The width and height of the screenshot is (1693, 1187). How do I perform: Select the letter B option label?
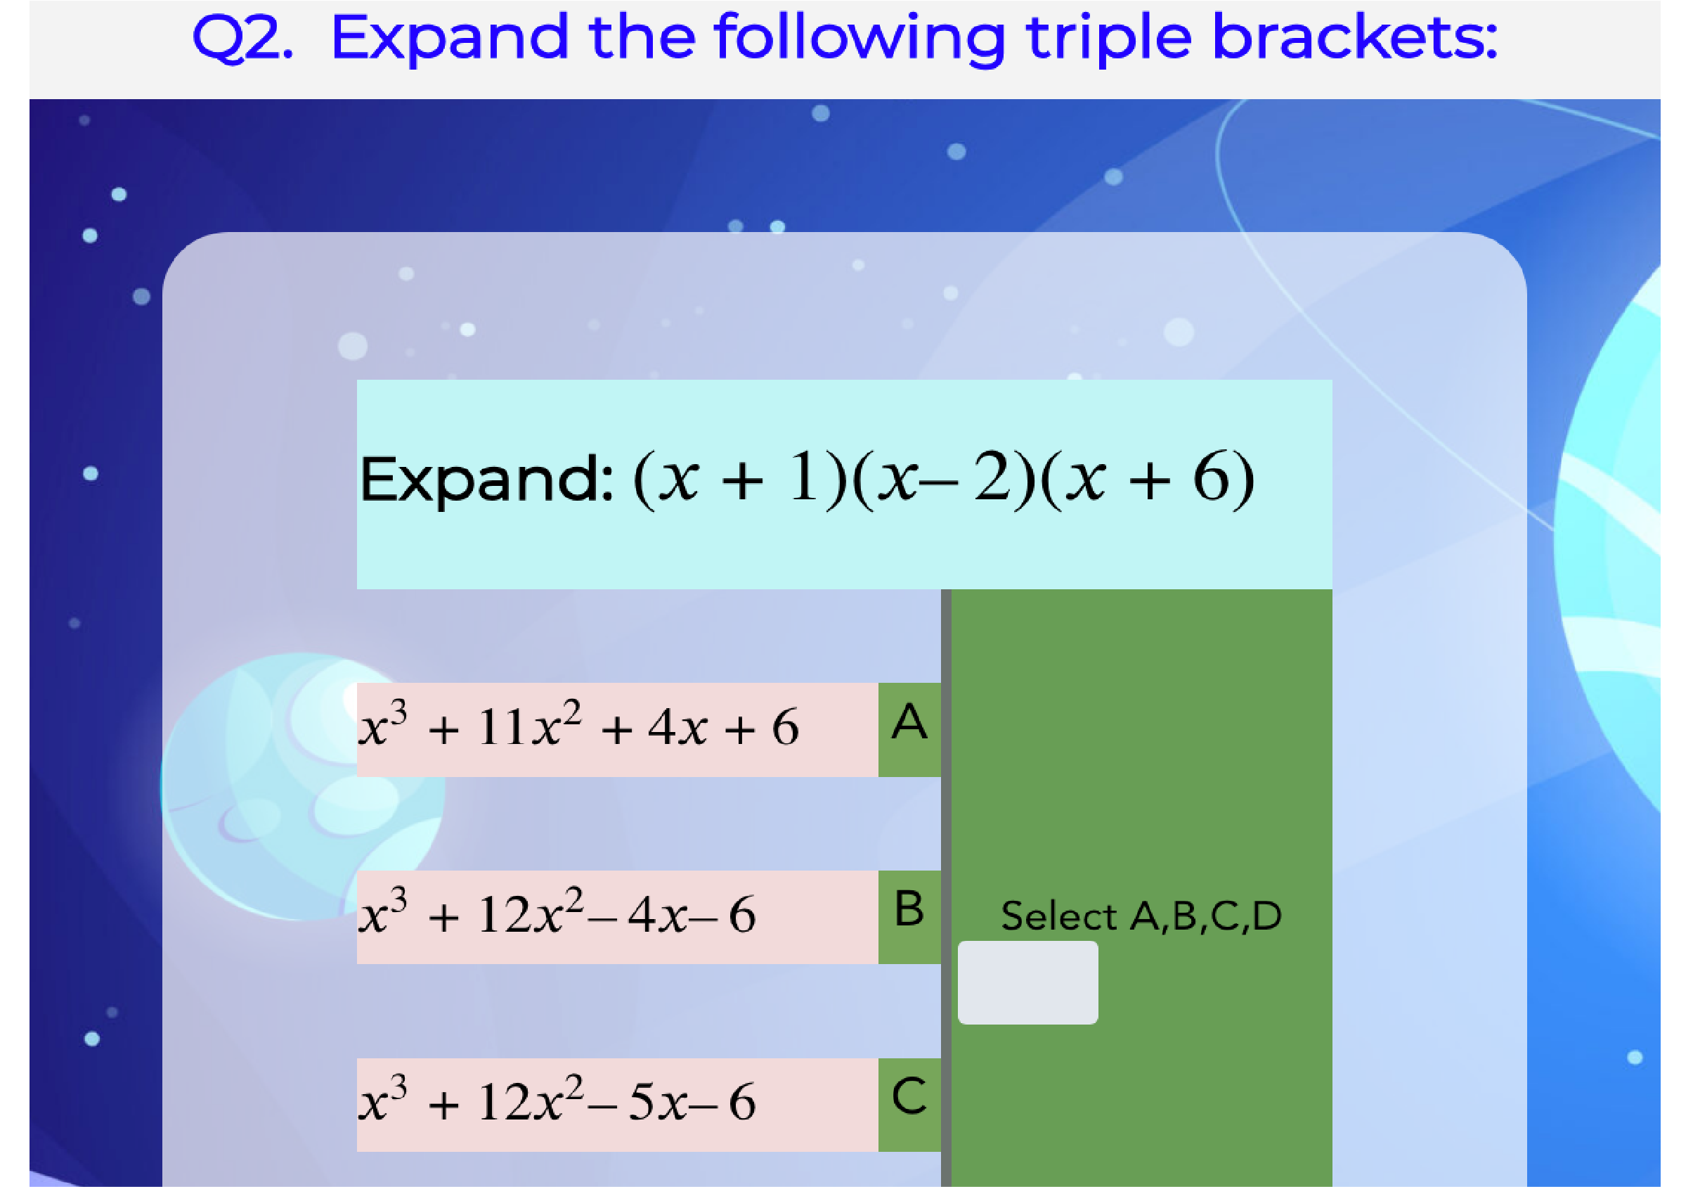click(x=909, y=908)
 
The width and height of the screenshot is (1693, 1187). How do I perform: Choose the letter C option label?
click(x=909, y=1096)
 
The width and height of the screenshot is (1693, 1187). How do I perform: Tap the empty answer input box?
click(x=1027, y=982)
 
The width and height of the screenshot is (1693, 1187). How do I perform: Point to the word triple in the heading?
click(x=1108, y=39)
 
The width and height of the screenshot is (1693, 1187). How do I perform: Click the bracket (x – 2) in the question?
click(x=944, y=479)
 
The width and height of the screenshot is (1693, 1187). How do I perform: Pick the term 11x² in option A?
click(x=529, y=724)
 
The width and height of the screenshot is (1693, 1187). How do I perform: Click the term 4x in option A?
click(x=677, y=727)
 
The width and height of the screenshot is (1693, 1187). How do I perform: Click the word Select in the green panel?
click(x=1059, y=916)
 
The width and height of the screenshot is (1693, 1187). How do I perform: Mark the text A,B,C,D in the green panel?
click(x=1207, y=917)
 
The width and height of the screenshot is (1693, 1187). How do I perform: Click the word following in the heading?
click(x=860, y=39)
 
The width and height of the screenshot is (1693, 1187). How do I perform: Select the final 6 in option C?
click(x=742, y=1102)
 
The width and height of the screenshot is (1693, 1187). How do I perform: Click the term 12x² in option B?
click(x=531, y=912)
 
